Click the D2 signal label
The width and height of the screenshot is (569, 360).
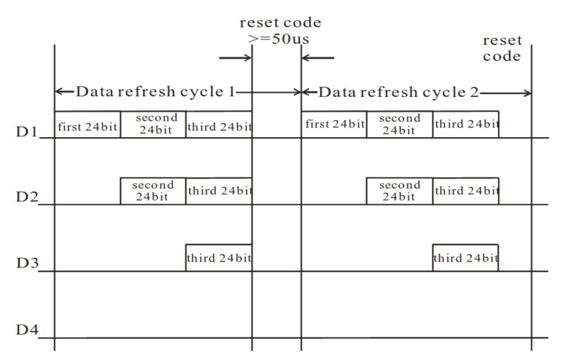click(x=26, y=199)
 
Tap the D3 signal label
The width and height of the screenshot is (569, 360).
click(x=26, y=265)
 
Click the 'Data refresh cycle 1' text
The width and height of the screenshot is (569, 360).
click(x=155, y=93)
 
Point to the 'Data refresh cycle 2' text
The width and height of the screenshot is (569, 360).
click(x=399, y=93)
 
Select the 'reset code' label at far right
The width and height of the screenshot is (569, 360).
click(x=502, y=48)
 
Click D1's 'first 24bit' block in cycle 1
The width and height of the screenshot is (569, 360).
click(x=87, y=124)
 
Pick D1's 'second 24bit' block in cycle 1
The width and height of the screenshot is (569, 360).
click(x=153, y=124)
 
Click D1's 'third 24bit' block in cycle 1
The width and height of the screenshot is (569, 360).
click(x=219, y=124)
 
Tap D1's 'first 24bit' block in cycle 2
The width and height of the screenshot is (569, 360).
click(x=334, y=124)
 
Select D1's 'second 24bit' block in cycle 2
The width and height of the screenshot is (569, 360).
click(x=399, y=124)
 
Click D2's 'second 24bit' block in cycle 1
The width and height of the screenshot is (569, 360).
click(x=153, y=191)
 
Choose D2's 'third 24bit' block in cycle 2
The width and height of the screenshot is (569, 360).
click(x=465, y=191)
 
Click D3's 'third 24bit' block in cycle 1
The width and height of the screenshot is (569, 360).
click(x=219, y=258)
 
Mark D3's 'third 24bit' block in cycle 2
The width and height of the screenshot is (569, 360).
click(x=465, y=258)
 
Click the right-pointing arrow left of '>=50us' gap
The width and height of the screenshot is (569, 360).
click(x=236, y=56)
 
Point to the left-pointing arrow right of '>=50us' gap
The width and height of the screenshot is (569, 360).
click(x=319, y=56)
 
